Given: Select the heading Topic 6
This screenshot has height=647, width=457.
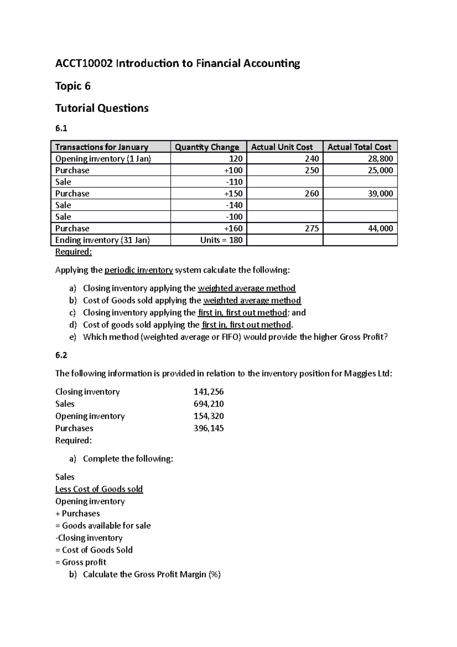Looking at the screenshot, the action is click(x=73, y=86).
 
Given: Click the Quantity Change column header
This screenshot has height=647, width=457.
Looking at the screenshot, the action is click(x=207, y=147).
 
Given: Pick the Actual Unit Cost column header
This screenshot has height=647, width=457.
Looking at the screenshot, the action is click(x=282, y=147).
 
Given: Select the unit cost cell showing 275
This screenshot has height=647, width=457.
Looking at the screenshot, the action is click(x=312, y=229).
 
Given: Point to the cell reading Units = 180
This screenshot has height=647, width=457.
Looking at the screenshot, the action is click(x=221, y=240).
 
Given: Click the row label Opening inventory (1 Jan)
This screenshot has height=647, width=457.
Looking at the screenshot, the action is click(x=103, y=159).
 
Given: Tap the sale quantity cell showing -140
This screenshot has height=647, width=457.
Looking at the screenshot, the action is click(x=234, y=205).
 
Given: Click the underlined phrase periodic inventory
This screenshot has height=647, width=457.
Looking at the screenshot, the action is click(x=139, y=270).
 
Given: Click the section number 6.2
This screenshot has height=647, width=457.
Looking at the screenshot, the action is click(x=61, y=355).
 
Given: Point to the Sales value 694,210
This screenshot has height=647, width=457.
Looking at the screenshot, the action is click(x=209, y=404).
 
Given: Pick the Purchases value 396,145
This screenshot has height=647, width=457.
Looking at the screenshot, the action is click(x=209, y=428).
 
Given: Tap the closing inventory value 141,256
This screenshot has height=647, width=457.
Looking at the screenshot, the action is click(x=209, y=392).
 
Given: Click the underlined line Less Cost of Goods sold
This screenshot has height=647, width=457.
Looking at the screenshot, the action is click(x=99, y=489).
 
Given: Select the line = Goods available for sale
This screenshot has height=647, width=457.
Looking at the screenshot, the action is click(x=103, y=526).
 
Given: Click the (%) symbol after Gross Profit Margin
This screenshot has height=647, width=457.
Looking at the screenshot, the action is click(x=214, y=575).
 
